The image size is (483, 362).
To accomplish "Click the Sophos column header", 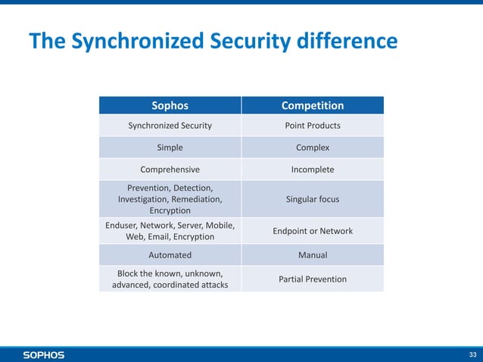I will [170, 105].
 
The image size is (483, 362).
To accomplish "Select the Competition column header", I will [312, 105].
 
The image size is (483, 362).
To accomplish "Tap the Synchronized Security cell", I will [170, 125].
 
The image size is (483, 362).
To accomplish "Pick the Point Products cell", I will [312, 125].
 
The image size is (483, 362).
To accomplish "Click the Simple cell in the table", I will [170, 148].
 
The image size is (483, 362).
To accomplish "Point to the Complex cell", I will [312, 148].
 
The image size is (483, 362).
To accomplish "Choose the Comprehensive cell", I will [170, 170].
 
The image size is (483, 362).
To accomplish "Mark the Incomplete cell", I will [312, 170].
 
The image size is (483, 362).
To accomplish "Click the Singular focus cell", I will [312, 199].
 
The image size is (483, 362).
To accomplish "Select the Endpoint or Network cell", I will [312, 231].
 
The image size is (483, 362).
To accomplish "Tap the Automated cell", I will [170, 255].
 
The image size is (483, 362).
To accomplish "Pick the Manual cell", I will [312, 255].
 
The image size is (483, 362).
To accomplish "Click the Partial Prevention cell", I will [312, 279].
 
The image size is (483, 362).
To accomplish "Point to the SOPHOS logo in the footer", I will [43, 354].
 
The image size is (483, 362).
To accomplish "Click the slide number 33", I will [473, 354].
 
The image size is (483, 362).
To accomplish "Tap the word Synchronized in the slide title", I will [128, 42].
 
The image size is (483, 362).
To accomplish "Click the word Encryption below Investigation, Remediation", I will [170, 211].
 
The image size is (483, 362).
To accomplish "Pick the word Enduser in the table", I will [123, 225].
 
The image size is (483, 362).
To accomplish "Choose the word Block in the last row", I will [129, 273].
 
